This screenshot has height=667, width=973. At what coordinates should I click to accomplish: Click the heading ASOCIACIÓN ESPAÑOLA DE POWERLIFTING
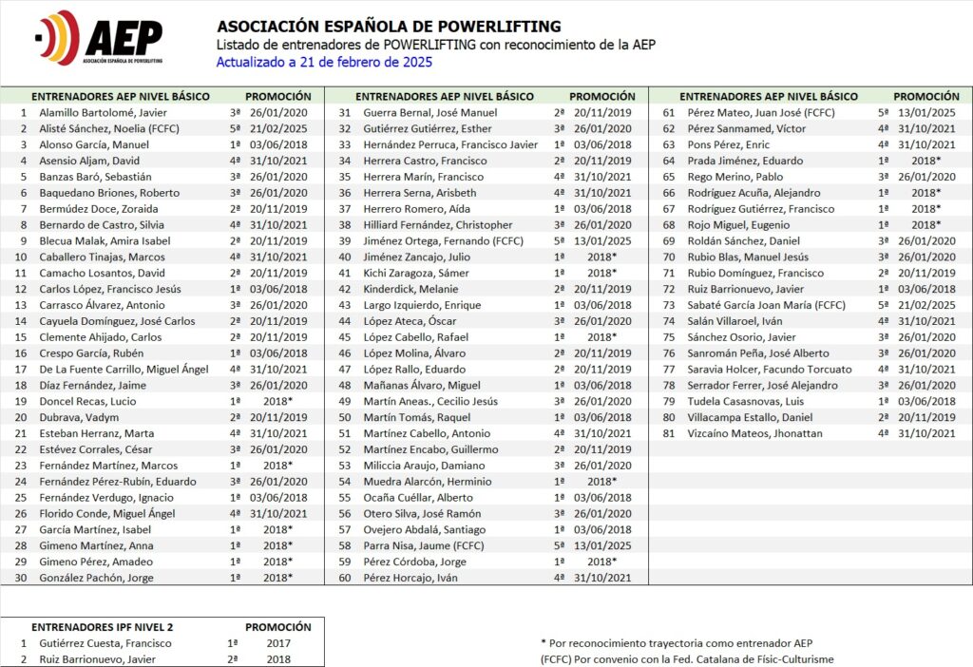[389, 26]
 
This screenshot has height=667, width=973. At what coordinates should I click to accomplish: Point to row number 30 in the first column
[21, 577]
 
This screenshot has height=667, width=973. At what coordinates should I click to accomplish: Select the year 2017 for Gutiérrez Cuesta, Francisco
[278, 643]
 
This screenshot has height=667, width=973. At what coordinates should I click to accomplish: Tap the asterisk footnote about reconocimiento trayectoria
[677, 643]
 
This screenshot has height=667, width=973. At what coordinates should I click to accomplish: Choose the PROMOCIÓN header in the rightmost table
[926, 96]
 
